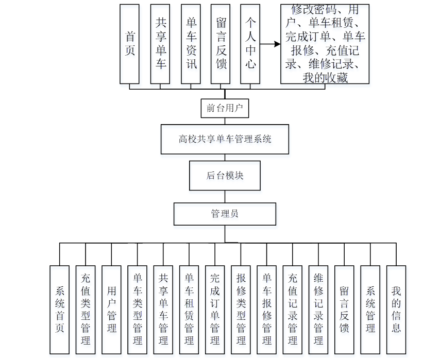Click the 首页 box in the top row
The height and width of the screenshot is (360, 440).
point(130,44)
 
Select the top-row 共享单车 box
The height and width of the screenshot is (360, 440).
point(161,44)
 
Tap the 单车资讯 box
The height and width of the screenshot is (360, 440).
point(191,44)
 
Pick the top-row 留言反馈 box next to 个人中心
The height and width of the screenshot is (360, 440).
point(221,44)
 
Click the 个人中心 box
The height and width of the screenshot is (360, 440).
point(250,44)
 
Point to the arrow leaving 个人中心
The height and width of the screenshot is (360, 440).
point(270,44)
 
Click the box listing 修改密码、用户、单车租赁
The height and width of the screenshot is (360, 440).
point(325,44)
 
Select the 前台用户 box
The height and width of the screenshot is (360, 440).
point(225,108)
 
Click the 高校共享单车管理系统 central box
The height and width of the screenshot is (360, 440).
point(225,139)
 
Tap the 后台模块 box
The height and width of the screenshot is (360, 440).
point(225,175)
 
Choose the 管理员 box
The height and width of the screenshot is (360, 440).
point(225,213)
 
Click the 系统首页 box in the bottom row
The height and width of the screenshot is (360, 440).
point(59,310)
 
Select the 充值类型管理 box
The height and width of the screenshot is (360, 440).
point(86,310)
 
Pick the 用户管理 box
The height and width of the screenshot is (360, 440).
point(111,310)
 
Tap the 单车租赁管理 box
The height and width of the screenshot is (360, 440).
point(189,310)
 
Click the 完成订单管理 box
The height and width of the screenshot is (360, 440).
point(215,310)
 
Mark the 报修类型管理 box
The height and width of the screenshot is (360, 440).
point(241,310)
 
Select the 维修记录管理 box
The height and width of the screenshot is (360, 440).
point(318,310)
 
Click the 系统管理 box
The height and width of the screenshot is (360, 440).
point(370,310)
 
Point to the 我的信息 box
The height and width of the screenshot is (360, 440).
point(396,310)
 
